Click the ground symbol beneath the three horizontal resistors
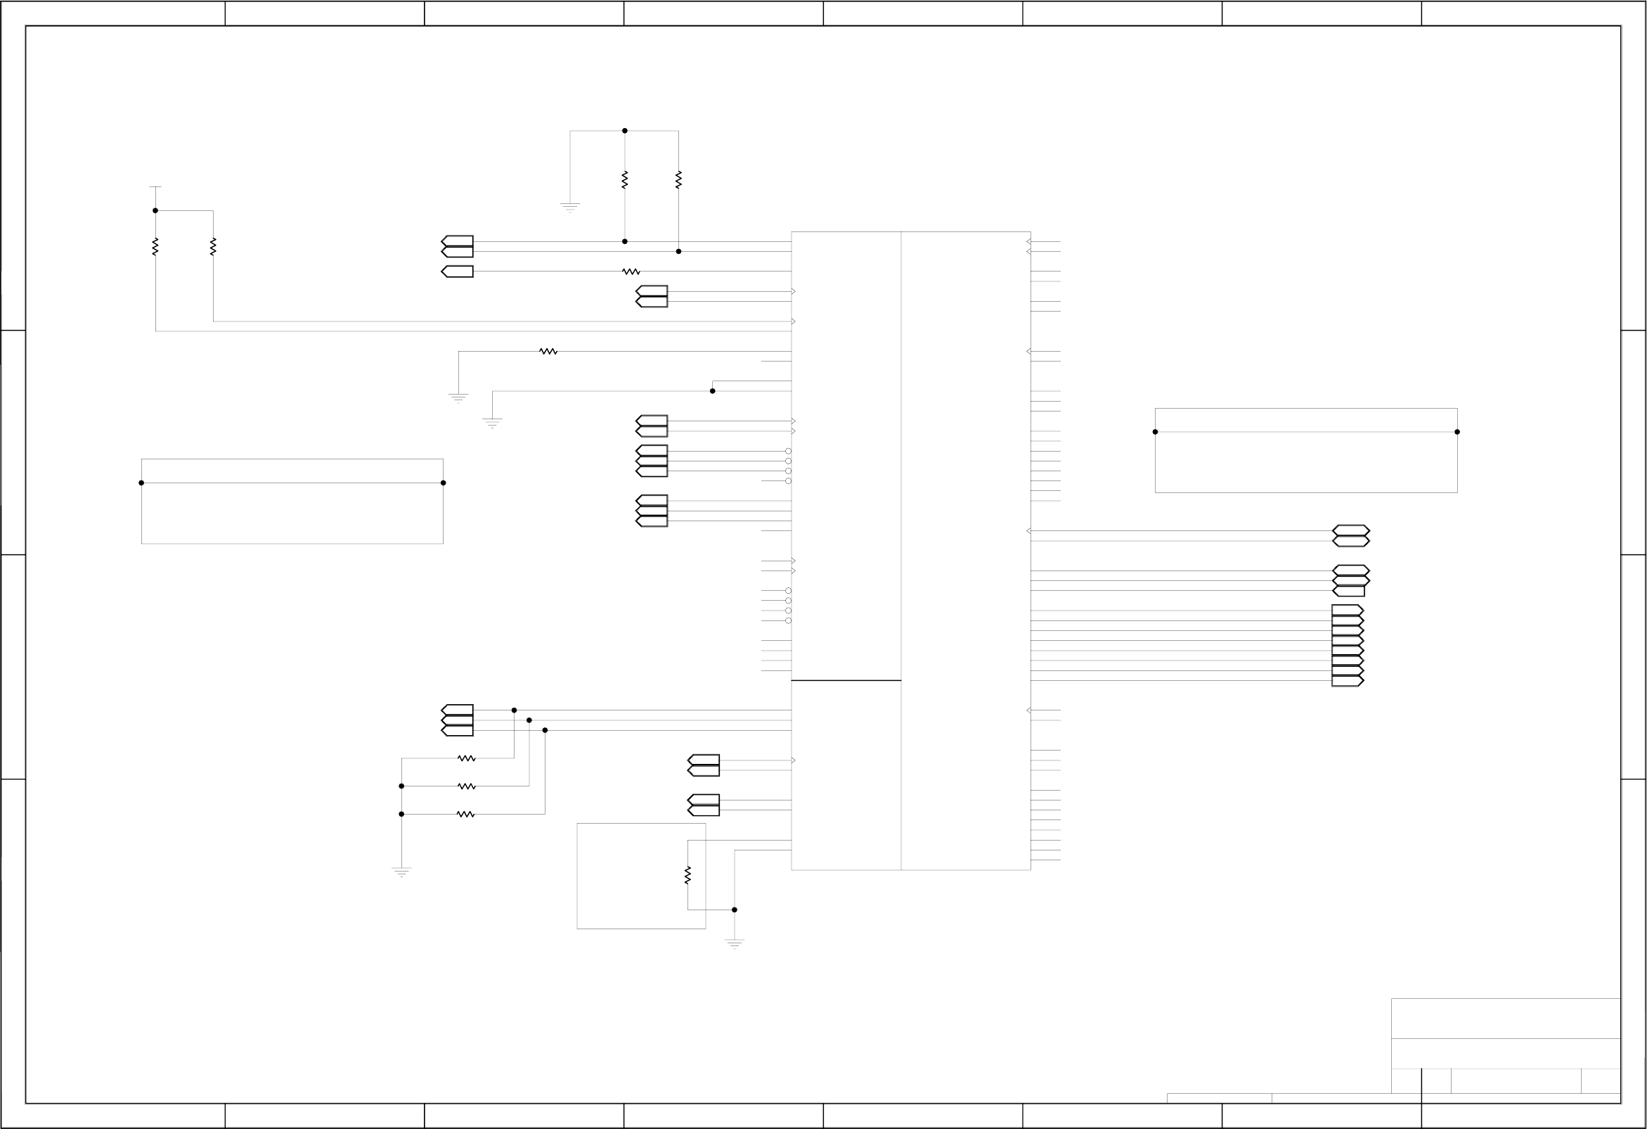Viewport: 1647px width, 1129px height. coord(401,872)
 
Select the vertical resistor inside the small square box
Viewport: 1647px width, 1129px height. coord(687,875)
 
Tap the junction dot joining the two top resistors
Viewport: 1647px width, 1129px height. coord(624,131)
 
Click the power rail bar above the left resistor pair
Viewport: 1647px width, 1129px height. coord(155,186)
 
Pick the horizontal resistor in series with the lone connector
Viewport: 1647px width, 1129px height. coord(631,272)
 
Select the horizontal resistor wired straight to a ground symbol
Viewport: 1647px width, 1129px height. coord(548,351)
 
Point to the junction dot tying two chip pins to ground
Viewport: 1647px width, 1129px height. coord(712,390)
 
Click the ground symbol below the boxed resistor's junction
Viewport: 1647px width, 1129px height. coord(734,944)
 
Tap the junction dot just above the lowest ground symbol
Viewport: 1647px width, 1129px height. coord(734,910)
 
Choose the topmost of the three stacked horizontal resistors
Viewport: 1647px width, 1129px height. coord(465,758)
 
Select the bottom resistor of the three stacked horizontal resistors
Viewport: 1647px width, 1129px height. coord(465,814)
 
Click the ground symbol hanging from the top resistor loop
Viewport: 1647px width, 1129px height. coord(570,207)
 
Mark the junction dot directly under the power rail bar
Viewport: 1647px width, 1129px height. coord(155,210)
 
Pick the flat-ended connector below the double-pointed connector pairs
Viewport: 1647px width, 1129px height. coord(1349,591)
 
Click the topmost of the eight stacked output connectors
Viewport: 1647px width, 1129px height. coord(1348,611)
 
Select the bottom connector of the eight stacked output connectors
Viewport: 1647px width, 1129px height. coord(1348,681)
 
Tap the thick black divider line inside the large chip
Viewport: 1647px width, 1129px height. coord(846,680)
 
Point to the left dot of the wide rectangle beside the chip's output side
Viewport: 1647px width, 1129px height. coord(1155,432)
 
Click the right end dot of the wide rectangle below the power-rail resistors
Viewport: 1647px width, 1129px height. coord(443,483)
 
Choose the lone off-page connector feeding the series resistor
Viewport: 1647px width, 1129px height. coord(457,272)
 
